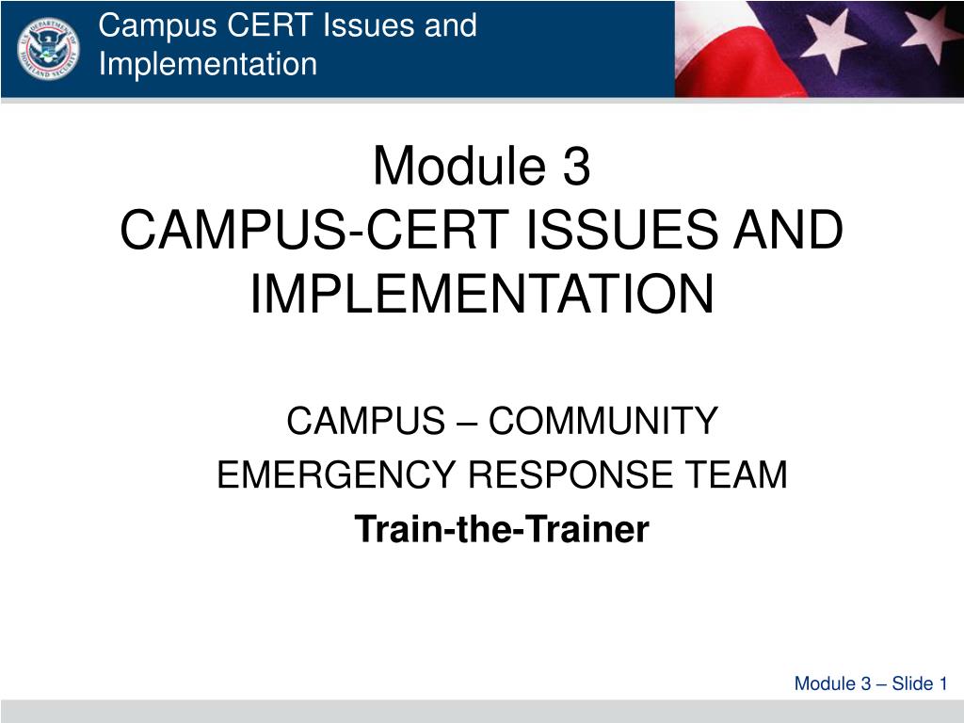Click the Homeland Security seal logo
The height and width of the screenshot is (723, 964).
click(x=48, y=49)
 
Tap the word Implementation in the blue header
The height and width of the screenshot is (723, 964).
click(x=208, y=64)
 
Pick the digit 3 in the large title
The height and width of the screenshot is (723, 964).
click(x=576, y=166)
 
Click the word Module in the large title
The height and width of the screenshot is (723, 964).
click(x=459, y=165)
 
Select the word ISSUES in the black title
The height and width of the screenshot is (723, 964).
click(x=622, y=230)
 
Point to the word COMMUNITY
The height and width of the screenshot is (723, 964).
click(x=603, y=421)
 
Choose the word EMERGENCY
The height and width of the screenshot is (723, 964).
click(x=336, y=474)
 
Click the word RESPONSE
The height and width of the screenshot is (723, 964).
click(x=570, y=474)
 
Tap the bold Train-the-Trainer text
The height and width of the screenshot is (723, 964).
click(x=502, y=529)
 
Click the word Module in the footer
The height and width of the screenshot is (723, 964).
click(x=824, y=683)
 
